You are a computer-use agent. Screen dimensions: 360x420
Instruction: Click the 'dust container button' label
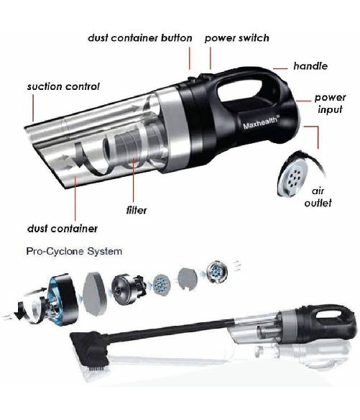coord(139,38)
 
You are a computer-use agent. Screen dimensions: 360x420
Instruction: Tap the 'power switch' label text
coord(237,38)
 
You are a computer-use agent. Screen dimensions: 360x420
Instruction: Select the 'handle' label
coord(310,66)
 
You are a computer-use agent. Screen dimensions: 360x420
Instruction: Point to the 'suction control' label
coord(63,86)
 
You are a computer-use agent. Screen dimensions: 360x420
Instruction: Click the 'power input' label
coord(331,104)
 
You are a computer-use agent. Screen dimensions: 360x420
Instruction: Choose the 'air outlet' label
coord(318,197)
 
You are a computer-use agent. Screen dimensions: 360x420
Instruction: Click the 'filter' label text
coord(137,210)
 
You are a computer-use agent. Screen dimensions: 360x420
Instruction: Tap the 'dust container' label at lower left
coord(63,229)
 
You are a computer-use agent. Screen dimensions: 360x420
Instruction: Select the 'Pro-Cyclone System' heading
coord(74,251)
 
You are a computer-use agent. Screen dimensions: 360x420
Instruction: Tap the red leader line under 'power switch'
coord(211,58)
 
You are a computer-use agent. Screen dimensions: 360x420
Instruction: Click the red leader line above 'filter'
coord(134,180)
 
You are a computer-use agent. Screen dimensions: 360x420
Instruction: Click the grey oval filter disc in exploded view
coord(94,294)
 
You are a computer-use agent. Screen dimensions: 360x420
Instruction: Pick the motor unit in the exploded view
coord(129,289)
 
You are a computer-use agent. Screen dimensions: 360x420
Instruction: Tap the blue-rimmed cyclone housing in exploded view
coord(62,299)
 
